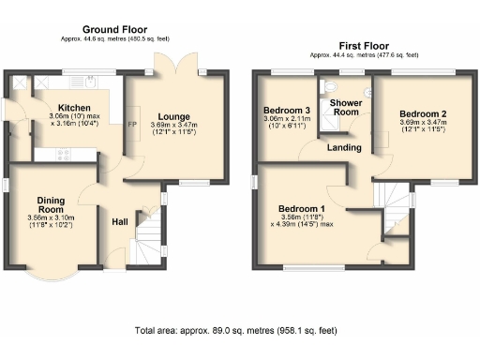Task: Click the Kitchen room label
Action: (73, 109)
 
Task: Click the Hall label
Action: (120, 221)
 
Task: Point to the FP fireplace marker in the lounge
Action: (132, 123)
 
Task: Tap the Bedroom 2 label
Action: (420, 112)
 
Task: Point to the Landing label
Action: (345, 147)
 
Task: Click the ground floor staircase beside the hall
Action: (145, 239)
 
